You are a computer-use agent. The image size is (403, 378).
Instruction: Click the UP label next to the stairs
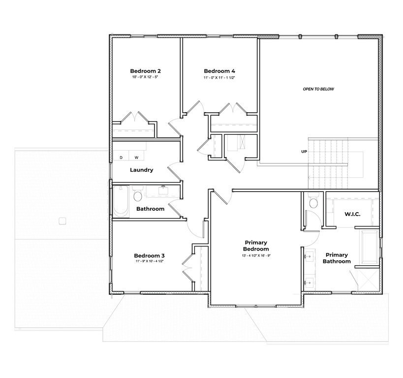(304, 152)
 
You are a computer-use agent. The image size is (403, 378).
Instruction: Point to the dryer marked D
(121, 157)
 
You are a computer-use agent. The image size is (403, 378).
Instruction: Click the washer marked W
(136, 157)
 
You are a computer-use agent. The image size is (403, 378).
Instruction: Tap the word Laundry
(141, 170)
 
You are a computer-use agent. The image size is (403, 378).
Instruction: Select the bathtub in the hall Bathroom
(121, 201)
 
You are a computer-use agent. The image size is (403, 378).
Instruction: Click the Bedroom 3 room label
(149, 255)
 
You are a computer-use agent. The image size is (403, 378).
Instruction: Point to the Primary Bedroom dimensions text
(256, 256)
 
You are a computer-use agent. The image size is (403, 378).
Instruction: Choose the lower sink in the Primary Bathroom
(310, 282)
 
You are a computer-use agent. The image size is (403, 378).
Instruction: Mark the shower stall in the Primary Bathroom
(367, 279)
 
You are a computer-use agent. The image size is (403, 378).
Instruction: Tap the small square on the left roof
(62, 220)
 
